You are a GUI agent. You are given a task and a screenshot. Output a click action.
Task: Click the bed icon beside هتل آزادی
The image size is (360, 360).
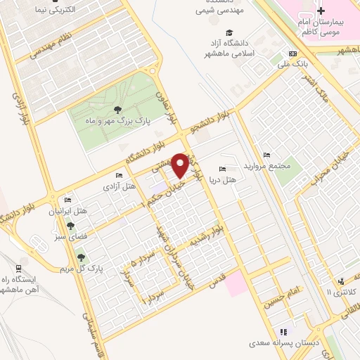(119, 175)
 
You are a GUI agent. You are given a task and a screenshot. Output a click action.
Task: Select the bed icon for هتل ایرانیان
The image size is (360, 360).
(67, 200)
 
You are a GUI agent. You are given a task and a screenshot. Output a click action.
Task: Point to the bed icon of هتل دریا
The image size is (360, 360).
(223, 169)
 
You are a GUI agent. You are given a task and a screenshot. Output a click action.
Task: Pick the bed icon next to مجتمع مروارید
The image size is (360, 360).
(266, 155)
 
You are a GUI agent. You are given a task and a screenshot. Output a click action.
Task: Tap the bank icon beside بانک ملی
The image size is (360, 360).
(292, 55)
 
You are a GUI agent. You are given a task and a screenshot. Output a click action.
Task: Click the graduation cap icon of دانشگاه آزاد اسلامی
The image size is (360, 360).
(229, 32)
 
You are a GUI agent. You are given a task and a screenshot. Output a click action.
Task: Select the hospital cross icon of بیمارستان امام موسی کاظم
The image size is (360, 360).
(321, 11)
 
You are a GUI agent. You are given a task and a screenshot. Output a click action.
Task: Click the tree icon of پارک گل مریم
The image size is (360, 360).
(81, 257)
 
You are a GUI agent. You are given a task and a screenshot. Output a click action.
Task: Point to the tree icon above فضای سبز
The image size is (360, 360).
(70, 226)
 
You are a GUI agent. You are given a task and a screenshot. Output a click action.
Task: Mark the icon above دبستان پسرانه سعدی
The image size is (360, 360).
(283, 332)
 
